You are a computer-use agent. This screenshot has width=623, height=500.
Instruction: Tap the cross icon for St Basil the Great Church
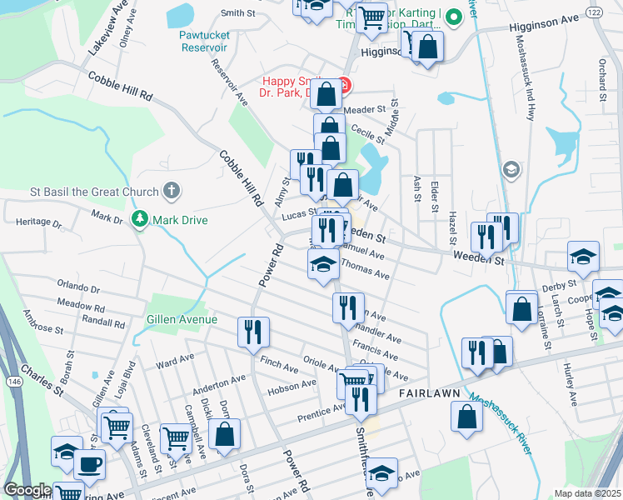pos(171,192)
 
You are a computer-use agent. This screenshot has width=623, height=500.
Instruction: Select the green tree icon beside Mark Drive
pos(141,219)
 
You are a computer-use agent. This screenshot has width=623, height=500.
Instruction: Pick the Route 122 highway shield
pos(594,13)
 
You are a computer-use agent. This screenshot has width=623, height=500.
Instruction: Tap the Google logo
pos(28,490)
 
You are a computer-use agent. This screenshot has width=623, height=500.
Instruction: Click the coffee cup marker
pos(89,464)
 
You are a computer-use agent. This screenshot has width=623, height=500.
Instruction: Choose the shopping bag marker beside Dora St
pos(224,432)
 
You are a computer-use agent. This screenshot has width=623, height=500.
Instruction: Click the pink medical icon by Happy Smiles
pos(342,83)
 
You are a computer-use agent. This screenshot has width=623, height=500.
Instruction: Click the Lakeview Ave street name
pos(107,29)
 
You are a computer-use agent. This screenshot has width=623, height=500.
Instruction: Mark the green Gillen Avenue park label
pos(182,319)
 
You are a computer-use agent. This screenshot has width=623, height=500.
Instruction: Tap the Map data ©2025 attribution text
pos(586,492)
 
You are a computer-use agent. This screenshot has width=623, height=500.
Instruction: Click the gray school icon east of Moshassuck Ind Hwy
pos(511,170)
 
